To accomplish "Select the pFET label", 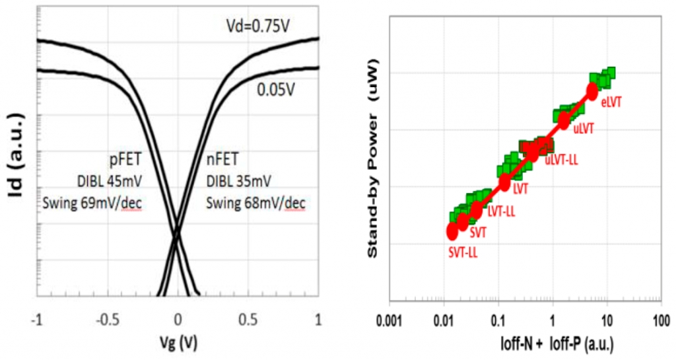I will point(125,159).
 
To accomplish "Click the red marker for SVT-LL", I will point(452,231).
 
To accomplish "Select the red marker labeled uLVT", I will point(564,120).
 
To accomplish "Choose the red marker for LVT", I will point(505,182).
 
